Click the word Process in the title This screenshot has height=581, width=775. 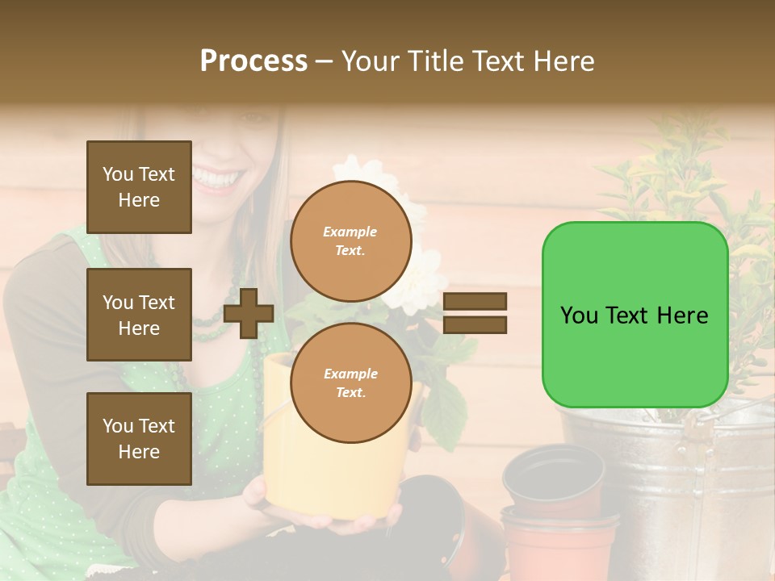(253, 61)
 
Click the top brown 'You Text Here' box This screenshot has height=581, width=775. (139, 187)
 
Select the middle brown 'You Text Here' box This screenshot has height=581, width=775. (139, 315)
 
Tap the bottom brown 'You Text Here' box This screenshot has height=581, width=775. (139, 439)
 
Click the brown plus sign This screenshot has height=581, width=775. (249, 313)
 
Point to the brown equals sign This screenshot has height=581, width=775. (475, 313)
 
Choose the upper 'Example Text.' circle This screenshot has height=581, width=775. (350, 241)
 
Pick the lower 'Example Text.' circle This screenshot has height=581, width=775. (350, 383)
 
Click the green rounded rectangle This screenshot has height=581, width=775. (635, 315)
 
